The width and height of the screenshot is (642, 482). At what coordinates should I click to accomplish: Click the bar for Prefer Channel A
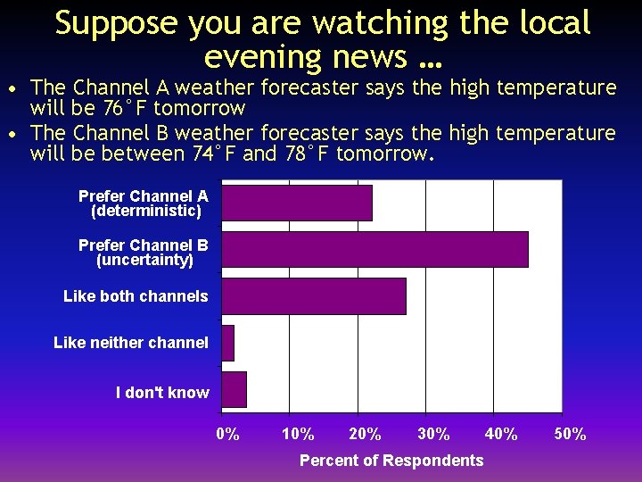point(297,203)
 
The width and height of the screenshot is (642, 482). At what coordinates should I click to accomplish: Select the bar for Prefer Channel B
point(374,249)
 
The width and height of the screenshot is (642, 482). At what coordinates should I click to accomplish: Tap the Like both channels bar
point(314,296)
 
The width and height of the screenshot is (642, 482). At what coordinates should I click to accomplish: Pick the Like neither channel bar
point(228,343)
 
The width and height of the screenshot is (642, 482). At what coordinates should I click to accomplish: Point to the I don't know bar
point(235,390)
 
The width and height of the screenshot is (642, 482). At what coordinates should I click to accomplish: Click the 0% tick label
point(227,435)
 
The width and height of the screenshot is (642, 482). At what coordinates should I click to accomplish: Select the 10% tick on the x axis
point(297,435)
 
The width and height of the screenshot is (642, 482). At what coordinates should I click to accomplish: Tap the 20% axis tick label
point(365,435)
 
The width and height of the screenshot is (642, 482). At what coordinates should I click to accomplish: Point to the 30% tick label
point(433,435)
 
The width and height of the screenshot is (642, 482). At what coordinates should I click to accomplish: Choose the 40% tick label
point(501,435)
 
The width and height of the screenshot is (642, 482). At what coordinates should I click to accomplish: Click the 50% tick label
point(570,435)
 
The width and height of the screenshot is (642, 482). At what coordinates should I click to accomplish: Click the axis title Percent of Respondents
point(391,461)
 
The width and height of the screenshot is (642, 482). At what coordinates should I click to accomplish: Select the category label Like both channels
point(136,296)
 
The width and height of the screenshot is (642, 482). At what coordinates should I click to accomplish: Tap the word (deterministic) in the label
point(145,212)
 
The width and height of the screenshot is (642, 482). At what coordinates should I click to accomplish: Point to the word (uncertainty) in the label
point(144,261)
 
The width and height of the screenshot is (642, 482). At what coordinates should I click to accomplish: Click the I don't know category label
point(162,393)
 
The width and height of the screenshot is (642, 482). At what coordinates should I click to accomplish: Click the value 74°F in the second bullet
point(215,154)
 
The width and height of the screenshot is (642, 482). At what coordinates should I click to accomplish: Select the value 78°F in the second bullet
point(308,154)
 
